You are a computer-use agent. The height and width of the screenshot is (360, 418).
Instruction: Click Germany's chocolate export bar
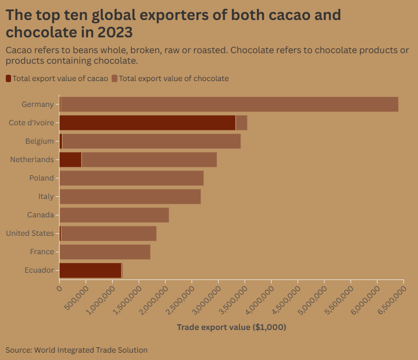pyautogui.click(x=229, y=104)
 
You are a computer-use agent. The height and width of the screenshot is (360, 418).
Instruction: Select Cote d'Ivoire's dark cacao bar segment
pyautogui.click(x=147, y=123)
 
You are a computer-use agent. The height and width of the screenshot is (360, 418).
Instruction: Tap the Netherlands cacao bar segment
pyautogui.click(x=71, y=159)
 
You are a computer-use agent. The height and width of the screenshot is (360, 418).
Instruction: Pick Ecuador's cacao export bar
pyautogui.click(x=90, y=270)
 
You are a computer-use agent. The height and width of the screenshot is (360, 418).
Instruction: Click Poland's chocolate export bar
pyautogui.click(x=132, y=178)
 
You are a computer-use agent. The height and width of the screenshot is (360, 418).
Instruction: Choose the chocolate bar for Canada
pyautogui.click(x=114, y=215)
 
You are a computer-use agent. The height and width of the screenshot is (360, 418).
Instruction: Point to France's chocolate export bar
pyautogui.click(x=105, y=252)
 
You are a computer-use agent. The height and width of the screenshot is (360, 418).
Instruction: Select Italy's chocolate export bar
pyautogui.click(x=130, y=196)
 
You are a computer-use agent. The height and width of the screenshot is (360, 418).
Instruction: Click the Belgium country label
pyautogui.click(x=39, y=141)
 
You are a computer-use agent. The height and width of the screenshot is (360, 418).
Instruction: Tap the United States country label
pyautogui.click(x=30, y=233)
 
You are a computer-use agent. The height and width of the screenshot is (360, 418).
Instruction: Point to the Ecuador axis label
pyautogui.click(x=39, y=270)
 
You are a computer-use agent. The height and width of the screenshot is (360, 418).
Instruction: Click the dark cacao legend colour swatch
pyautogui.click(x=8, y=78)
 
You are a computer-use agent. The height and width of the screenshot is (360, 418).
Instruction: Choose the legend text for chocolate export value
pyautogui.click(x=174, y=78)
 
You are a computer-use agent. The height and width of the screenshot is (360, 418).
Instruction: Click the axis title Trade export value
pyautogui.click(x=231, y=327)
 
